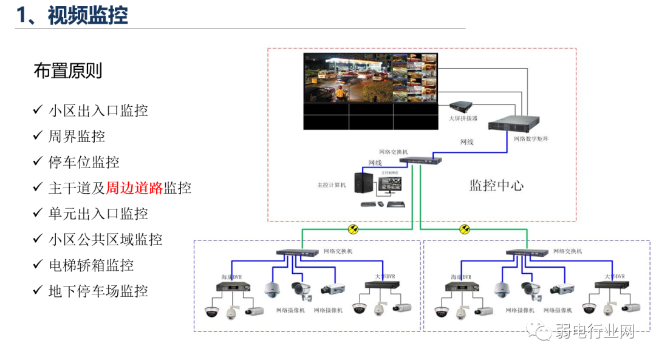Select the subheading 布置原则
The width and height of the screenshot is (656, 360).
68,71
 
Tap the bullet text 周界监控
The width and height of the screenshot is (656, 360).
77,136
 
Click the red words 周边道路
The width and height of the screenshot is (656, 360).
135,188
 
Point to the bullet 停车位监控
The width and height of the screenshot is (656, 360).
84,162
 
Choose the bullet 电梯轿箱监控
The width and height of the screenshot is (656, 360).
91,265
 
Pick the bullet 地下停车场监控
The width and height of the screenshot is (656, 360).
98,291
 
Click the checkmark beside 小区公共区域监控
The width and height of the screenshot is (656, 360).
37,239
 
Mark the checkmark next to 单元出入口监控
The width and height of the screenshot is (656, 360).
37,214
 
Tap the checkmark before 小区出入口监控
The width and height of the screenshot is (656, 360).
37,110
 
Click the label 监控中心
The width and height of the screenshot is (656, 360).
496,186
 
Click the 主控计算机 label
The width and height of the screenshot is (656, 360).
331,185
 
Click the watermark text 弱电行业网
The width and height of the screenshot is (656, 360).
594,331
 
